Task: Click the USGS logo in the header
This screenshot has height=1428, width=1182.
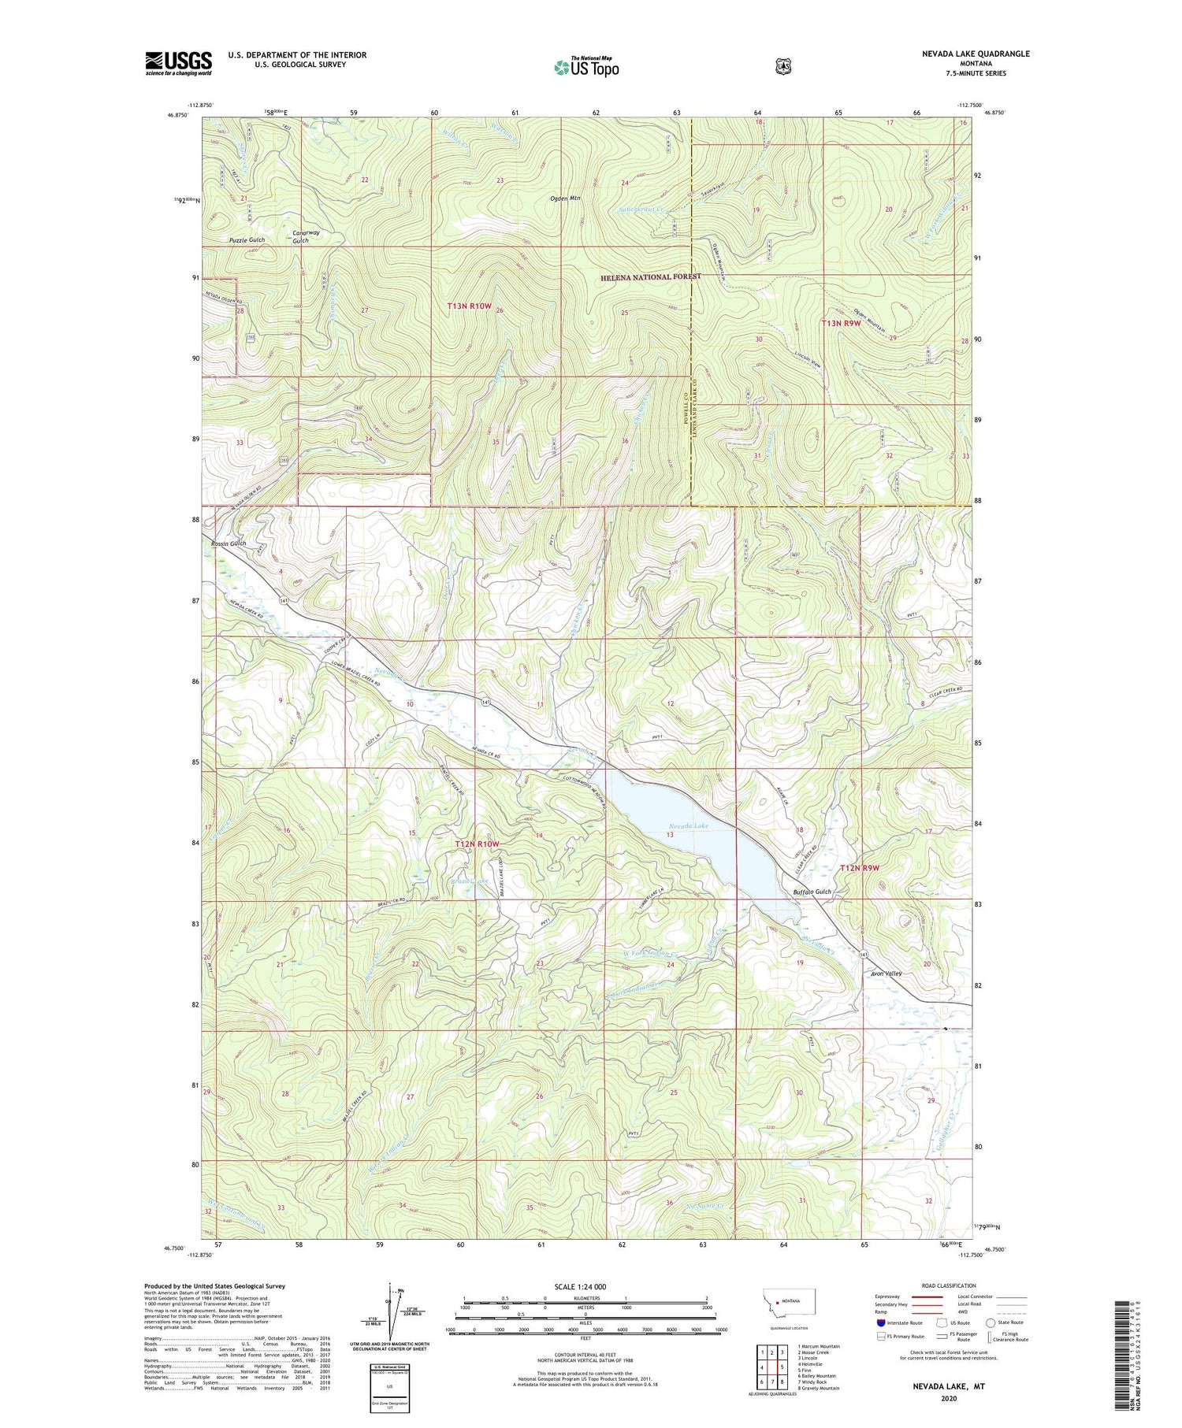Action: pos(178,63)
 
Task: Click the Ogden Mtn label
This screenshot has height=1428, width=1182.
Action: pos(565,198)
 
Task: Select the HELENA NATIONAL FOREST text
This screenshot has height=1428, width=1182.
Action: pos(649,277)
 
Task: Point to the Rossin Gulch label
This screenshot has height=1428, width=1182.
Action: pos(229,543)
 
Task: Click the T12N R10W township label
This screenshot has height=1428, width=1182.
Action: pos(478,844)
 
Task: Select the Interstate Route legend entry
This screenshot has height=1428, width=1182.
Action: pos(898,1323)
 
